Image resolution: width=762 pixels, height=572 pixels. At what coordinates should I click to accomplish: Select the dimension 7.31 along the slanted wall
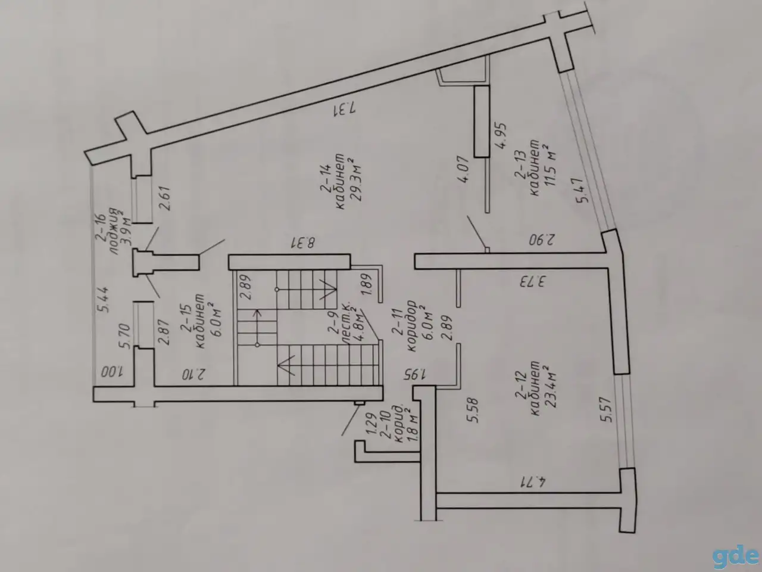pyautogui.click(x=344, y=110)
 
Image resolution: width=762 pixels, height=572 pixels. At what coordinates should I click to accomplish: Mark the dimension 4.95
pyautogui.click(x=501, y=136)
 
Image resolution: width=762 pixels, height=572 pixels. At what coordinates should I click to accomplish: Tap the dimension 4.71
pyautogui.click(x=533, y=483)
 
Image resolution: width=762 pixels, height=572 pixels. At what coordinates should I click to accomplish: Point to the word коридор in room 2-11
pyautogui.click(x=411, y=326)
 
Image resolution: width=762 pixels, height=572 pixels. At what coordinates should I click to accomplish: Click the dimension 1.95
pyautogui.click(x=414, y=374)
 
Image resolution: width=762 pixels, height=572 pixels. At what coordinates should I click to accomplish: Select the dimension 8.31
pyautogui.click(x=302, y=243)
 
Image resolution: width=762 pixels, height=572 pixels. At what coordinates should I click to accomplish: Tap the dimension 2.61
pyautogui.click(x=165, y=198)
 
